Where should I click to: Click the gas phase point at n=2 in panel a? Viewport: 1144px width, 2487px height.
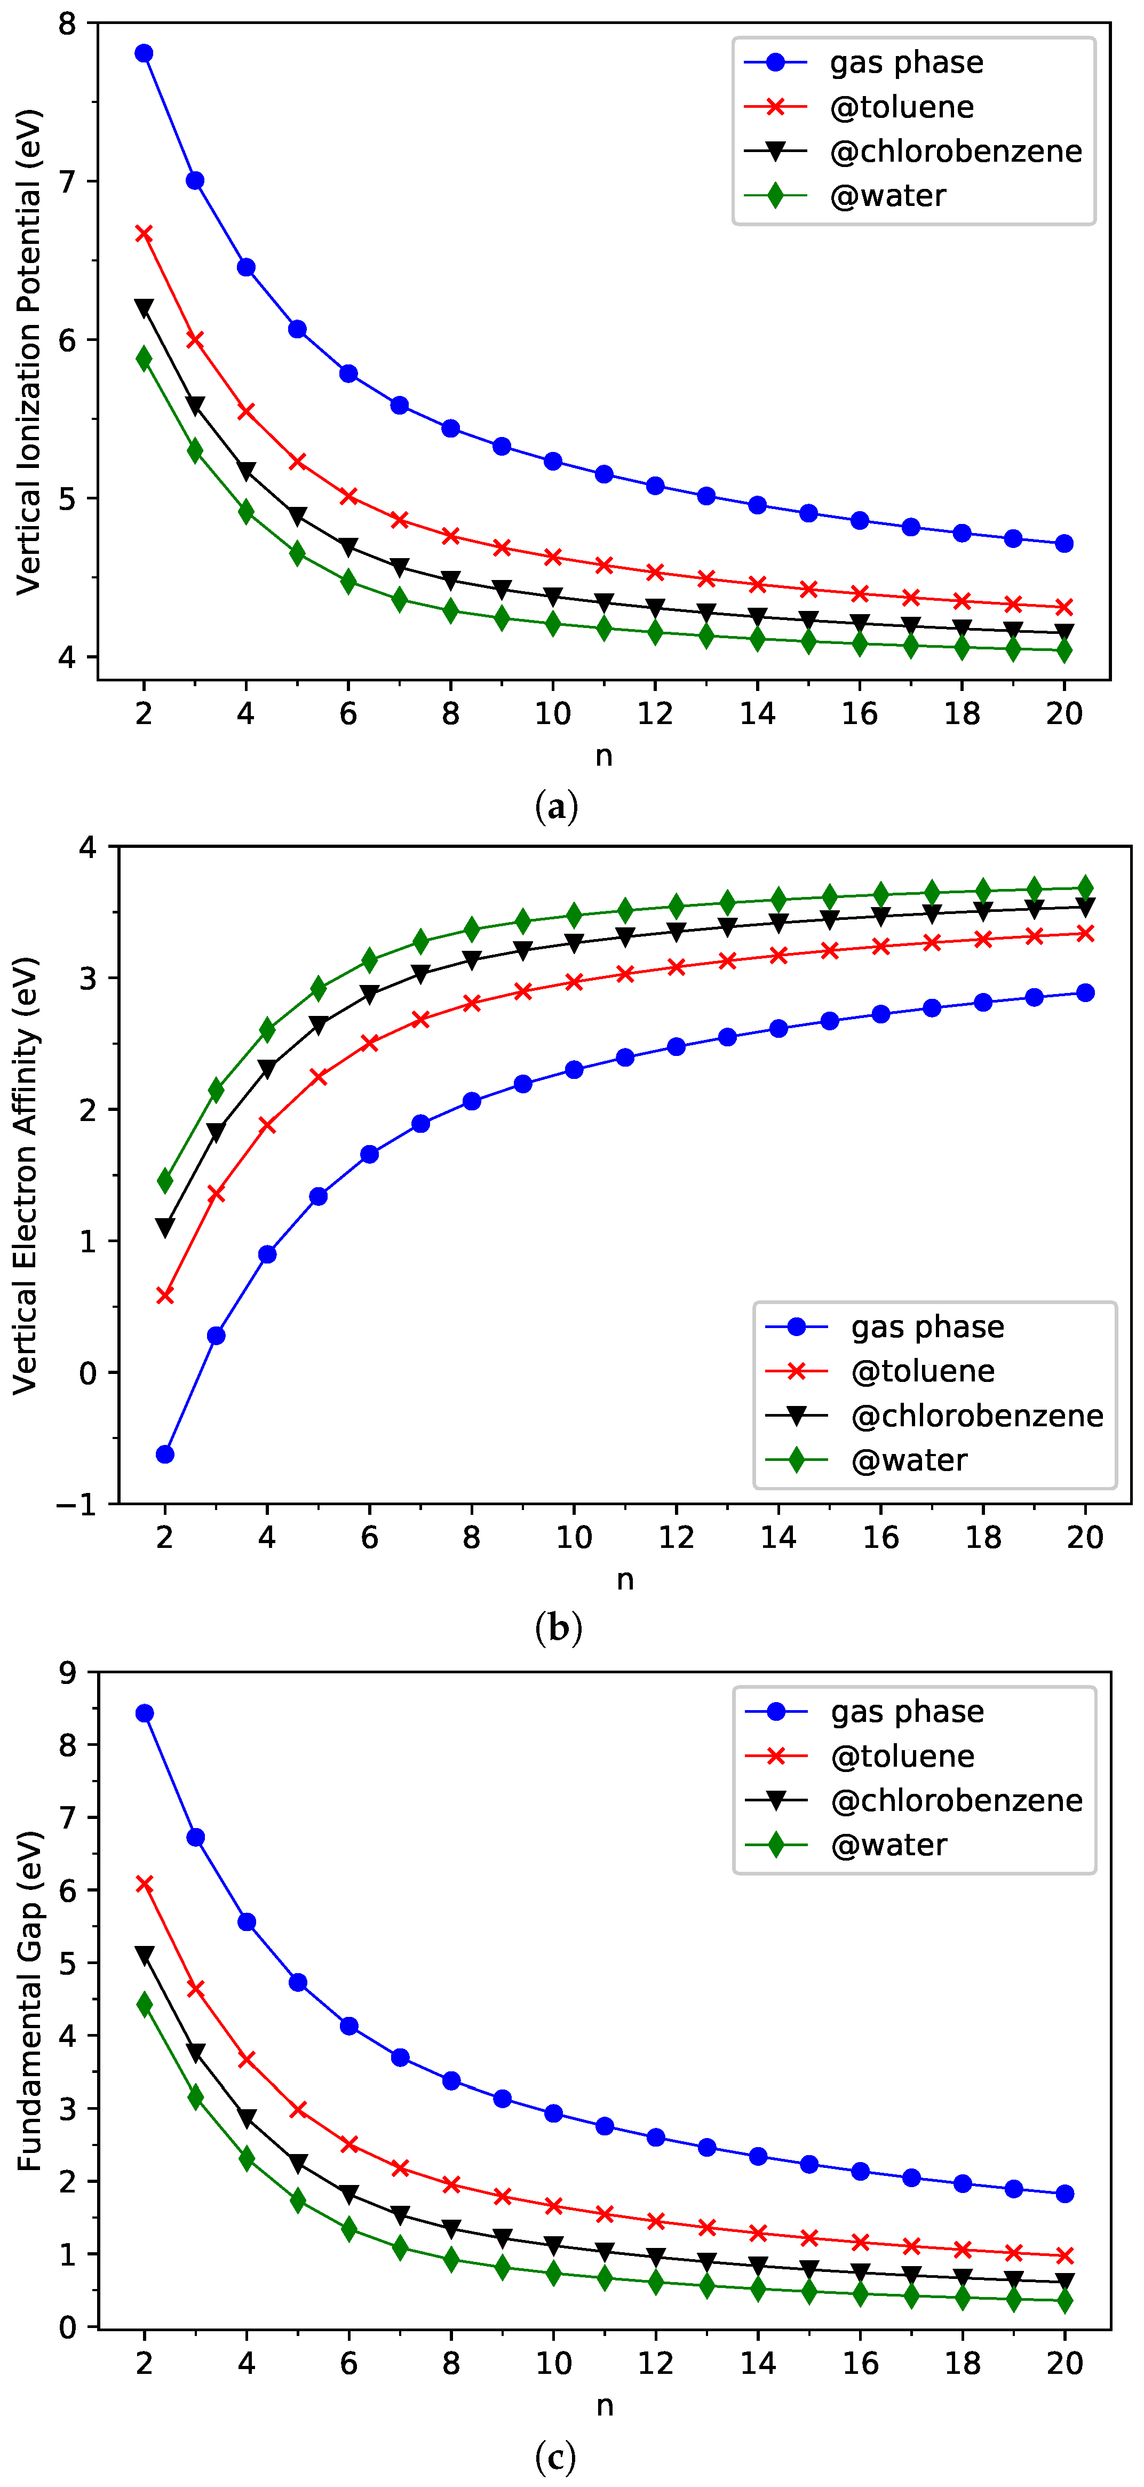pos(144,53)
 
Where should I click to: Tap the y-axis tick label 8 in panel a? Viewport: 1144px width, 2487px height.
pos(67,23)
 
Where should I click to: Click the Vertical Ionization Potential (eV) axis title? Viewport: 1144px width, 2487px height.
pos(29,352)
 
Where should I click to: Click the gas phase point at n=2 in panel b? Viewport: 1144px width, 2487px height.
pos(165,1454)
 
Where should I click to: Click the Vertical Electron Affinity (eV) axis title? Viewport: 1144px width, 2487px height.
pos(26,1175)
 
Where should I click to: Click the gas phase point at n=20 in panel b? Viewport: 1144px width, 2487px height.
pos(1085,992)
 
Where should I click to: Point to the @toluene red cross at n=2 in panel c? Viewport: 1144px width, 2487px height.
pos(145,1885)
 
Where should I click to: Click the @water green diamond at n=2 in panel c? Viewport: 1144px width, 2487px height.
pos(145,2005)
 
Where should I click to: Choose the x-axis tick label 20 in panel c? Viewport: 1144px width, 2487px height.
pos(1065,2363)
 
